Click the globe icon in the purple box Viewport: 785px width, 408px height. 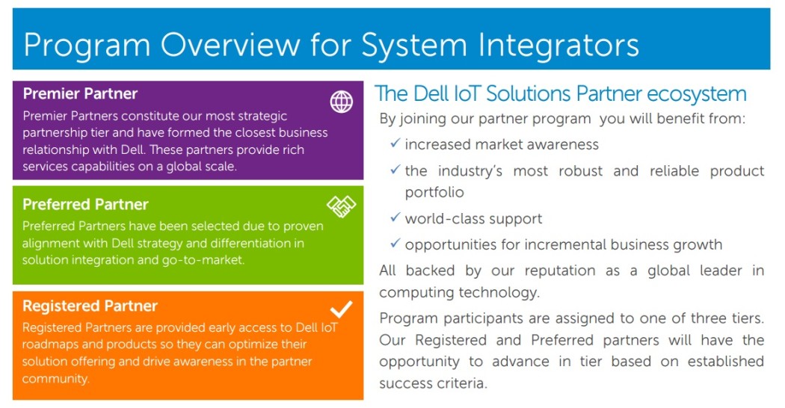coord(341,102)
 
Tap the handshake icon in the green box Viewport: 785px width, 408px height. coord(341,206)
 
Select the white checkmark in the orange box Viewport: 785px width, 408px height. coord(341,309)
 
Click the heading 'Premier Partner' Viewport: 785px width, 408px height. coord(80,93)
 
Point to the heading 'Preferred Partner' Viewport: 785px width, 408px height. coord(86,204)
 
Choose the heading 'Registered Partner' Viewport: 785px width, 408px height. coord(90,306)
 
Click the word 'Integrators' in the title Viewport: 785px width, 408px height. coord(558,45)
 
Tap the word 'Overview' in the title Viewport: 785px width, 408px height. coord(230,45)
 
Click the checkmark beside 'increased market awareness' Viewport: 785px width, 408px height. coord(395,143)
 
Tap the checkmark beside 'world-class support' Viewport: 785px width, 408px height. coord(395,217)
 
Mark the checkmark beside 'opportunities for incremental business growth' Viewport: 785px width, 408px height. coord(395,244)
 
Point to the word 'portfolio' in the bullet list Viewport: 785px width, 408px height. coord(434,193)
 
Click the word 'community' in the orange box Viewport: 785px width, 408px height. coord(55,379)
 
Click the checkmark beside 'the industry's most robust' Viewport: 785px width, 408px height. coord(395,170)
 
